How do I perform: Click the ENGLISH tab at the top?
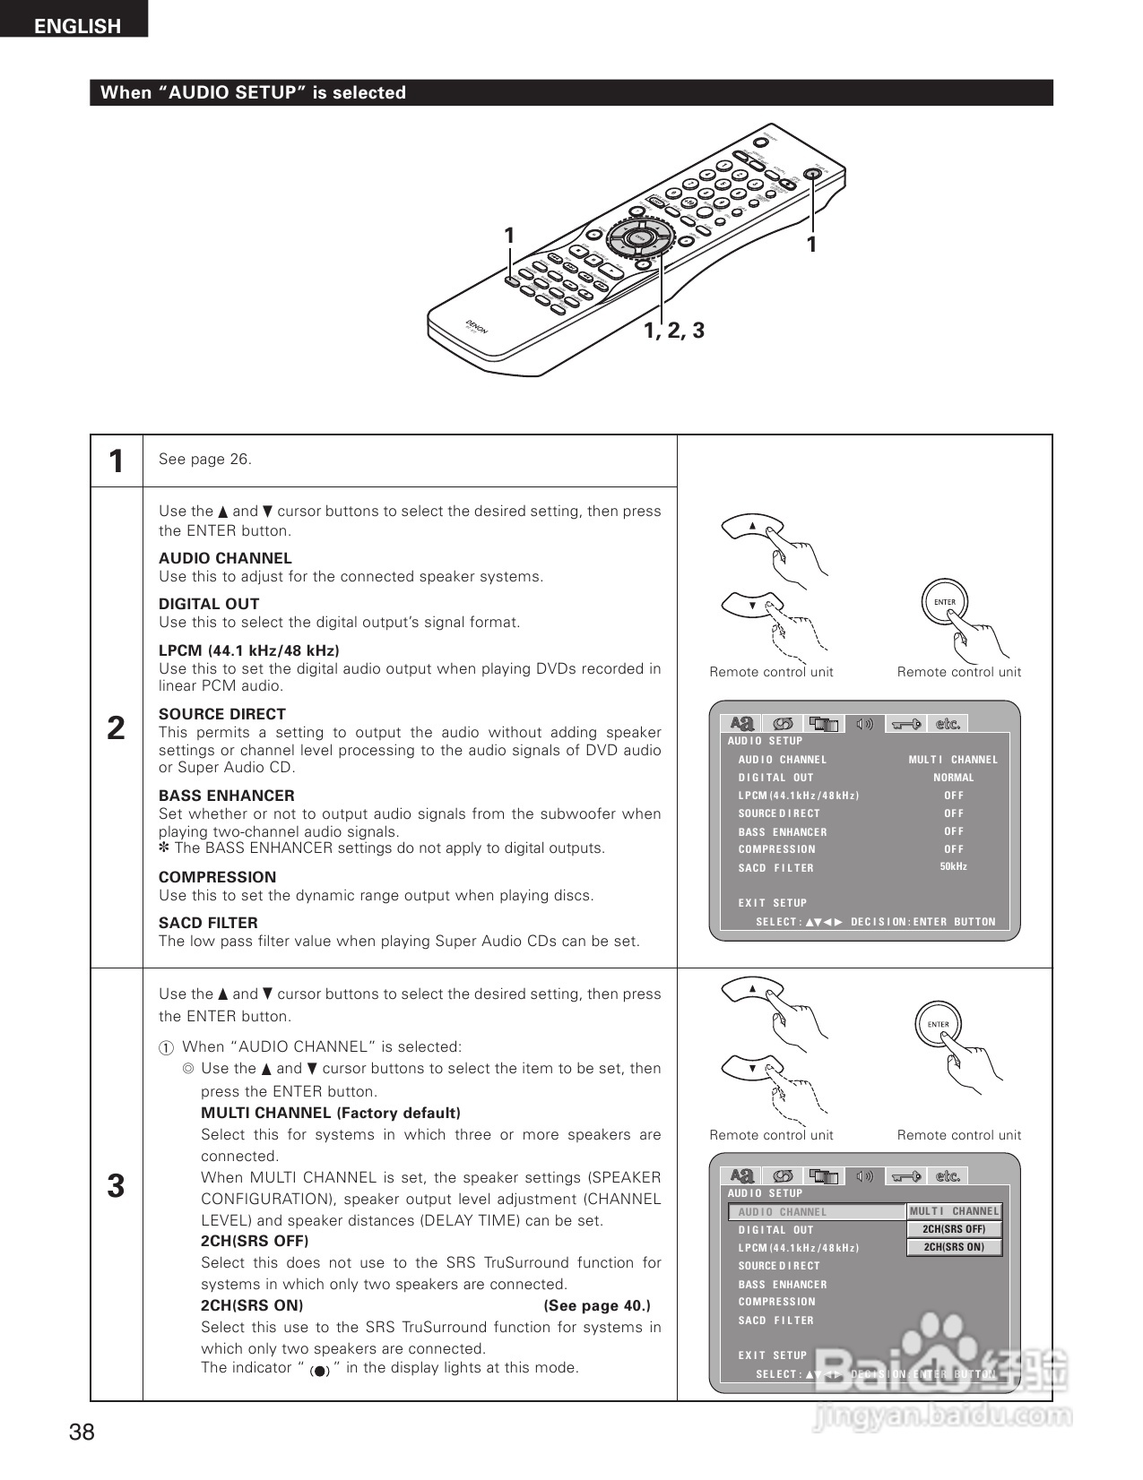click(x=76, y=25)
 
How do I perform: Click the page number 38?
click(x=82, y=1432)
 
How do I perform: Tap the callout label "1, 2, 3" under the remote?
click(x=674, y=331)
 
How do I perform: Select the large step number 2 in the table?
click(x=116, y=728)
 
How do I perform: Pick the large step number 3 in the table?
click(x=116, y=1186)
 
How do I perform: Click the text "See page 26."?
click(x=205, y=460)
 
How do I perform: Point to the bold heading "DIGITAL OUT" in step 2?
click(x=209, y=604)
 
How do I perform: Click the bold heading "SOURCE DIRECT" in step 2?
click(x=222, y=714)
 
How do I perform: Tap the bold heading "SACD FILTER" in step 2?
click(x=208, y=923)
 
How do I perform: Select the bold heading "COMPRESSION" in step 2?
click(x=218, y=877)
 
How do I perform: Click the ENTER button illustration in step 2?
click(x=945, y=603)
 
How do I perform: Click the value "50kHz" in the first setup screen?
click(x=953, y=866)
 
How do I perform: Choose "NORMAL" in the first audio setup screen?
click(x=953, y=778)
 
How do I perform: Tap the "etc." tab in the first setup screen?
click(x=948, y=724)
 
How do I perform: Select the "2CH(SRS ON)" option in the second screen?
click(x=954, y=1247)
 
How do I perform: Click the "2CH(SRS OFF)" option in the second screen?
click(x=954, y=1229)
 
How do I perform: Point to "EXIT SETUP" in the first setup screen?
click(x=773, y=903)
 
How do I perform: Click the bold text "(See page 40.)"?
click(x=597, y=1305)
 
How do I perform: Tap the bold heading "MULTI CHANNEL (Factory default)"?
click(x=331, y=1113)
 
